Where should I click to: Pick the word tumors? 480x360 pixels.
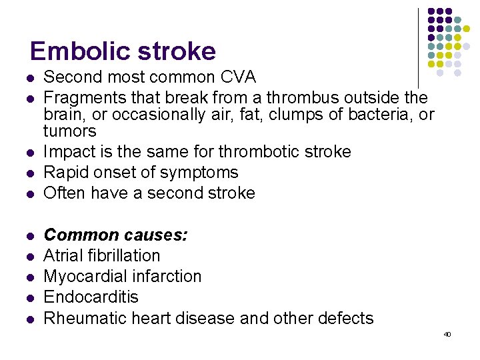[x=69, y=131]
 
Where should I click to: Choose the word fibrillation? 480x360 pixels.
[x=123, y=255]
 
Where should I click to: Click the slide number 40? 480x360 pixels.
[x=447, y=334]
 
